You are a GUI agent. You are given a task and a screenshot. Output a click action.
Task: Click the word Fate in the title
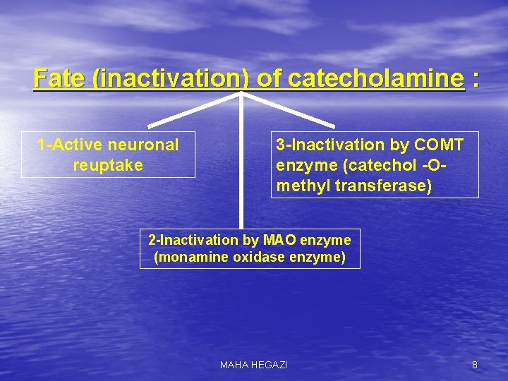[x=60, y=78]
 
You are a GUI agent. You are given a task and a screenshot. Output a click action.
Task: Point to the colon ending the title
[x=476, y=78]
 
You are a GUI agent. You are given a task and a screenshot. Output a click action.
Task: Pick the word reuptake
[x=108, y=165]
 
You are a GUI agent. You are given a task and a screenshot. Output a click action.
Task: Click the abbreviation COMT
[x=440, y=145]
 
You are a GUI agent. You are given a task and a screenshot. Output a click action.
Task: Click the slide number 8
[x=474, y=365]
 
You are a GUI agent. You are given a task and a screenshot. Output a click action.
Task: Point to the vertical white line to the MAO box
[x=241, y=169]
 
